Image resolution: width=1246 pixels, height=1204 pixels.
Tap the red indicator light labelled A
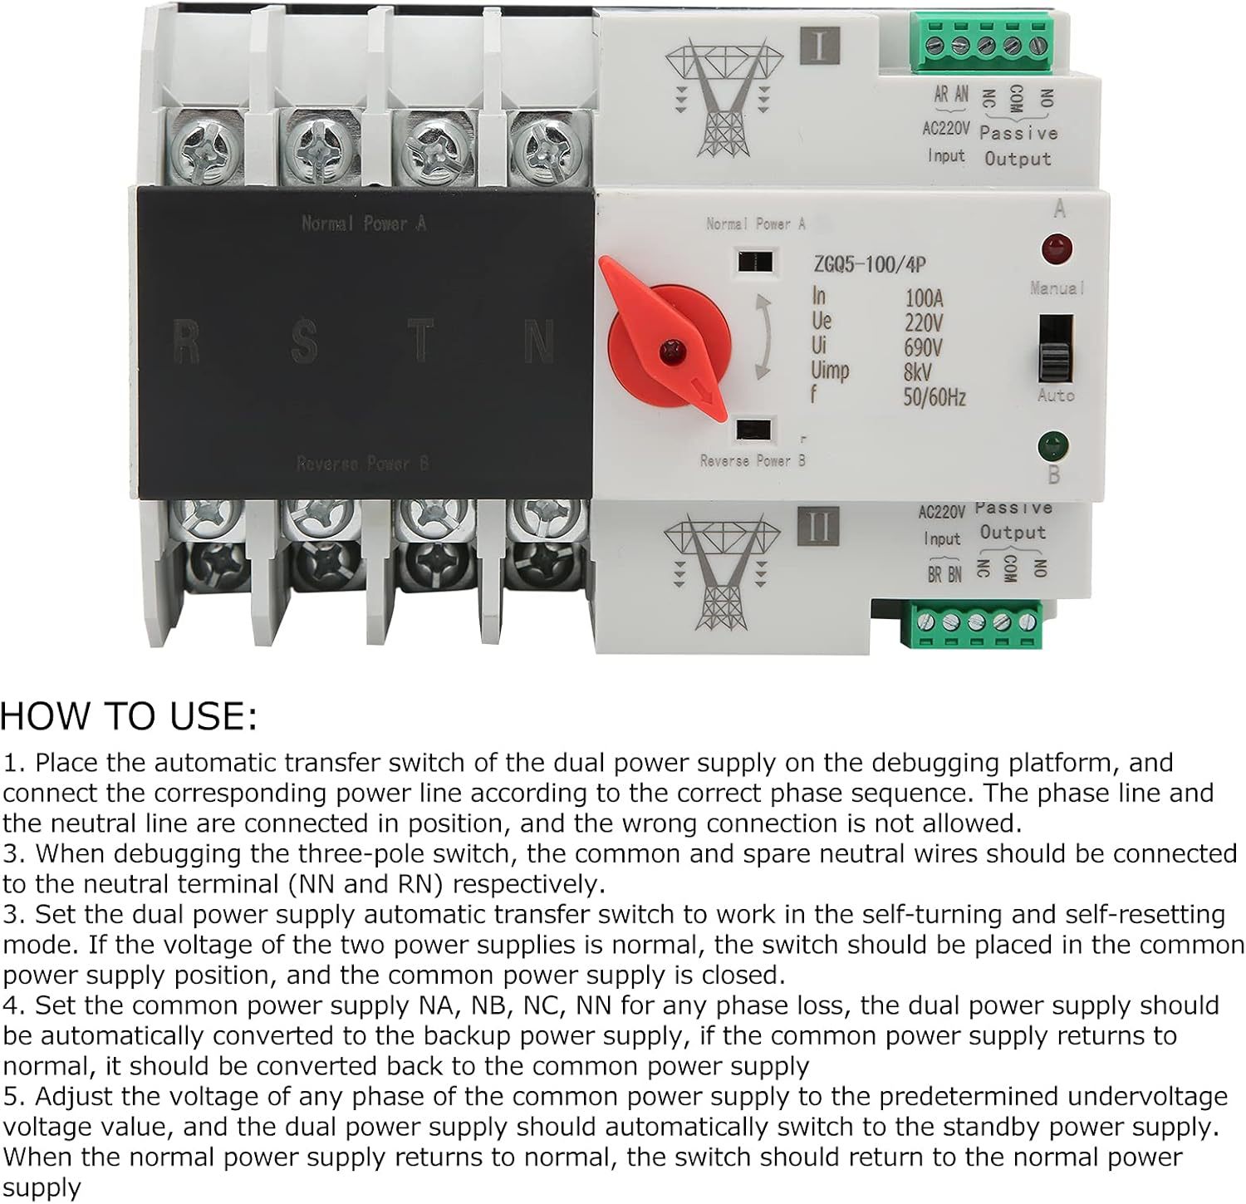1057,248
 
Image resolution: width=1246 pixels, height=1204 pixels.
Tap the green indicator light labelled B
1052,446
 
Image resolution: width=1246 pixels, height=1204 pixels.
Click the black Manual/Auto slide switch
1055,349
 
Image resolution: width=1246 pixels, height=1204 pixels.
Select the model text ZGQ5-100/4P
868,265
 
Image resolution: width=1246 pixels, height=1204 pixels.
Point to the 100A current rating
924,298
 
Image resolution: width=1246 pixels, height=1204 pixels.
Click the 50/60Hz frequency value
934,397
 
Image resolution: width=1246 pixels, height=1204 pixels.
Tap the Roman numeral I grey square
820,46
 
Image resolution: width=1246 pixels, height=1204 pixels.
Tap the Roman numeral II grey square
817,526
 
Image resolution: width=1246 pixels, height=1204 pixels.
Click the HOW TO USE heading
129,716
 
